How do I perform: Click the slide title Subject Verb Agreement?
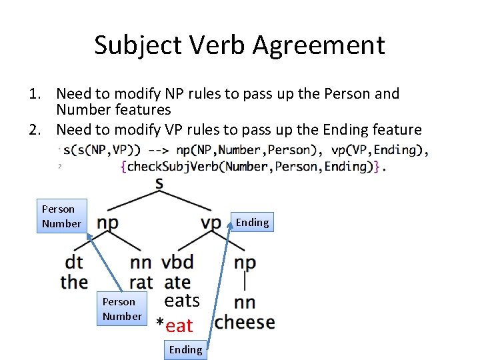coord(239,45)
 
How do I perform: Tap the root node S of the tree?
coord(159,182)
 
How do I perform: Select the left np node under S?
coord(109,223)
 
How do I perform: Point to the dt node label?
coord(74,263)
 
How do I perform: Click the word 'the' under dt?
coord(74,282)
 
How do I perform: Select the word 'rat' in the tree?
coord(141,283)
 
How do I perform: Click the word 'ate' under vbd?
coord(177,283)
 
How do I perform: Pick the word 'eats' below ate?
coord(182,301)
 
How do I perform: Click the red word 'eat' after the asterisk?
coord(179,326)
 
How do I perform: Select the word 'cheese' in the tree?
coord(245,323)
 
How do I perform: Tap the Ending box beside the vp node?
coord(252,223)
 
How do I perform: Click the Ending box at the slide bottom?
coord(185,349)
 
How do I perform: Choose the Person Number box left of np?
coord(61,217)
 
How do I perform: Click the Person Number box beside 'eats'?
coord(122,309)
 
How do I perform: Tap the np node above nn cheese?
coord(245,263)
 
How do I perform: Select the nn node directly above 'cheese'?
coord(245,303)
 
